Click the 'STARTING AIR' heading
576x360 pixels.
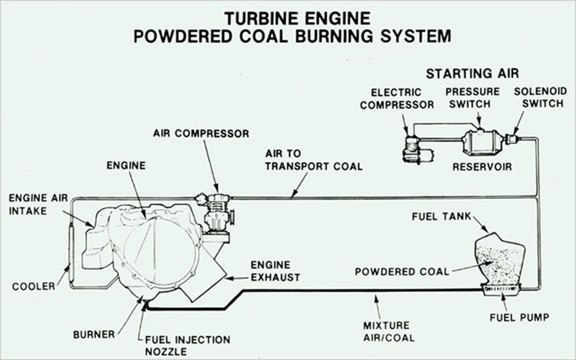pyautogui.click(x=472, y=74)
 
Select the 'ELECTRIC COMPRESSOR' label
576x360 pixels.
pyautogui.click(x=397, y=98)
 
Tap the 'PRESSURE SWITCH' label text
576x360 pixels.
pyautogui.click(x=472, y=98)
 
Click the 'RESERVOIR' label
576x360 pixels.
pyautogui.click(x=482, y=167)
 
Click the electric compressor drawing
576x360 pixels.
pyautogui.click(x=415, y=148)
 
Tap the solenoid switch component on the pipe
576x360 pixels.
pyautogui.click(x=511, y=138)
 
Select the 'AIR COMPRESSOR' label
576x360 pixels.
pyautogui.click(x=201, y=133)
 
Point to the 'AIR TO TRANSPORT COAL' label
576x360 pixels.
pyautogui.click(x=313, y=160)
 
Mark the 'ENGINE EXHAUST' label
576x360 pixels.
pyautogui.click(x=275, y=270)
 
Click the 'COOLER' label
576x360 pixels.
pyautogui.click(x=33, y=287)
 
